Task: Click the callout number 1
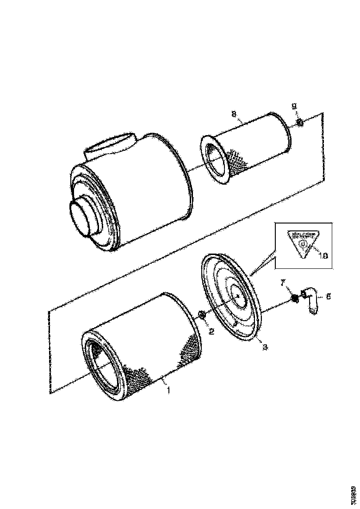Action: coord(169,391)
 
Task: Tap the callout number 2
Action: coord(211,331)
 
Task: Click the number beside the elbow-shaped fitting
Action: coord(329,296)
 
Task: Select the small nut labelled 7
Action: coord(293,299)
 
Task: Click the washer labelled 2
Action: coord(202,316)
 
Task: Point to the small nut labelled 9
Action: coord(299,123)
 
